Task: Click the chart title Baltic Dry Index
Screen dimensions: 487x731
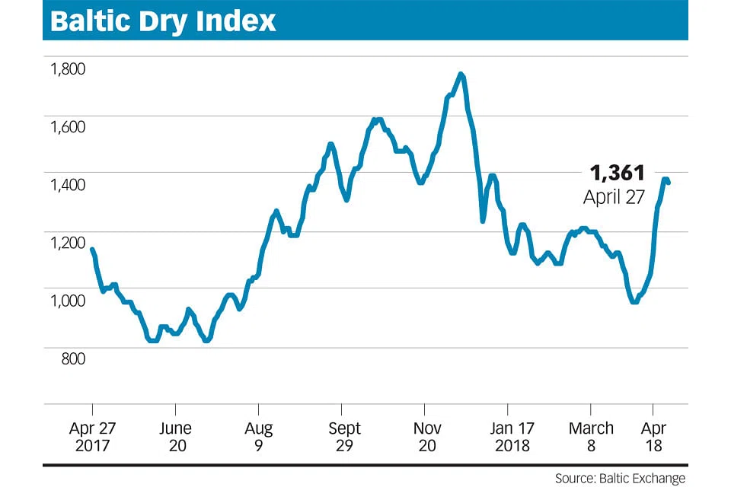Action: click(162, 21)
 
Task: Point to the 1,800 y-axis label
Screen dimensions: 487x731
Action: click(67, 69)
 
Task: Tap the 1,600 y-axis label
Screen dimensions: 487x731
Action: click(67, 126)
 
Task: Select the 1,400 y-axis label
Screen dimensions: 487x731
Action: click(67, 184)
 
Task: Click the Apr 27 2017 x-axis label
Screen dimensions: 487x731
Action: click(92, 437)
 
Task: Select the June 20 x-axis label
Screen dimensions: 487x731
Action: click(176, 437)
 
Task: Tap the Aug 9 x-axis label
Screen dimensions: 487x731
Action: click(259, 437)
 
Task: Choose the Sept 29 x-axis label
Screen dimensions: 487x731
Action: click(344, 437)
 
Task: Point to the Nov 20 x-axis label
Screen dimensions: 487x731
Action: click(426, 437)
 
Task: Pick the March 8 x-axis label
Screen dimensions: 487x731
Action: click(591, 437)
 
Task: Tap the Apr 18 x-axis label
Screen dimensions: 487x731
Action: click(654, 437)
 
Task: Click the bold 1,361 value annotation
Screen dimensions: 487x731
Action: click(617, 173)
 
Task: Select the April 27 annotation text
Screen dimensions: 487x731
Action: click(614, 197)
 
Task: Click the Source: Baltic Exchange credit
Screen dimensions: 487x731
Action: click(620, 478)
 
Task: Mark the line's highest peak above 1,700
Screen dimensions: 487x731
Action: click(461, 74)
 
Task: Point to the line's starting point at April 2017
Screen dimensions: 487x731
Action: click(92, 250)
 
